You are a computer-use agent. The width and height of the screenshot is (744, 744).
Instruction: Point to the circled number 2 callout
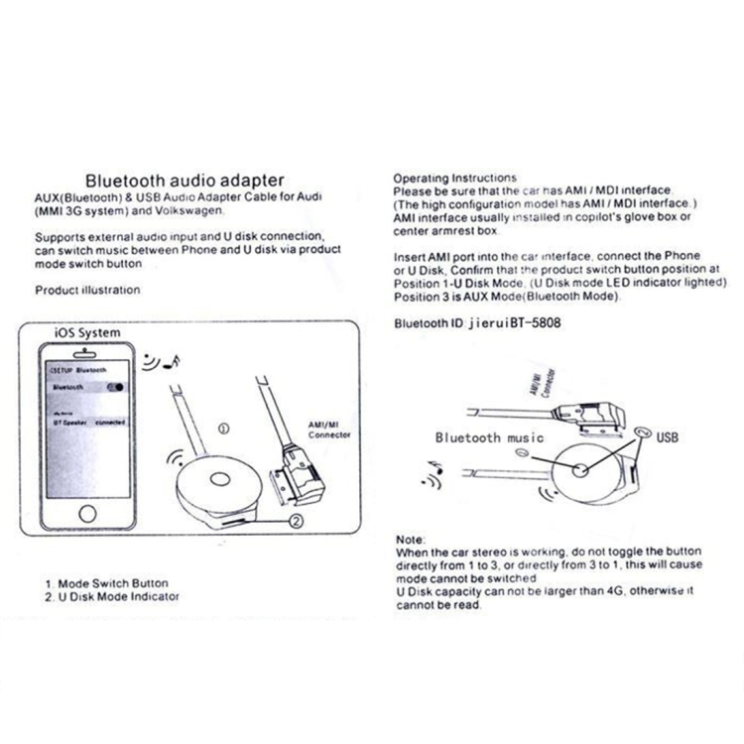(x=296, y=519)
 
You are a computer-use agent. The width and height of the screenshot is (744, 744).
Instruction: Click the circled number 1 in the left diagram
(x=222, y=429)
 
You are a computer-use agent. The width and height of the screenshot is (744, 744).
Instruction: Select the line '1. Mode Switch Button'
(x=106, y=583)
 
